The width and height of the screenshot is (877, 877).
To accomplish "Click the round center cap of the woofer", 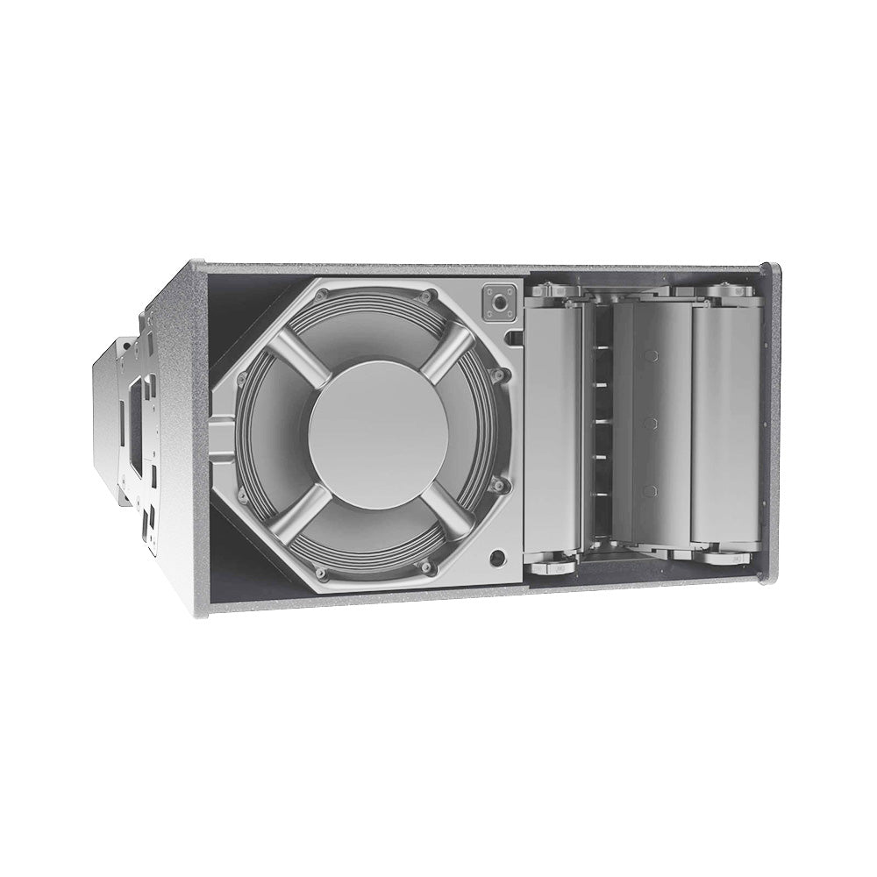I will click(378, 433).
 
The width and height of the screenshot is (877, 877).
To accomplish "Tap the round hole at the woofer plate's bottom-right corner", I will click(499, 556).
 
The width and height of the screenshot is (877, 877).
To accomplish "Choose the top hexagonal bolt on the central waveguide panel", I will click(650, 356).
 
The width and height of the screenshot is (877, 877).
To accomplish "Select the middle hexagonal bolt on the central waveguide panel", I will click(650, 423).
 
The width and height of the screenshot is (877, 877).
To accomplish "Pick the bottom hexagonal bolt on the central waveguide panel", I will click(650, 490).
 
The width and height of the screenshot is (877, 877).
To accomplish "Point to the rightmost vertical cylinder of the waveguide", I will click(724, 424).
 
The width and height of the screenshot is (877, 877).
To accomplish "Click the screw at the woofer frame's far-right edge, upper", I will click(501, 375).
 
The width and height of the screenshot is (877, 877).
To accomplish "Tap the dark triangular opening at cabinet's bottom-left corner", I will click(237, 561).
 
